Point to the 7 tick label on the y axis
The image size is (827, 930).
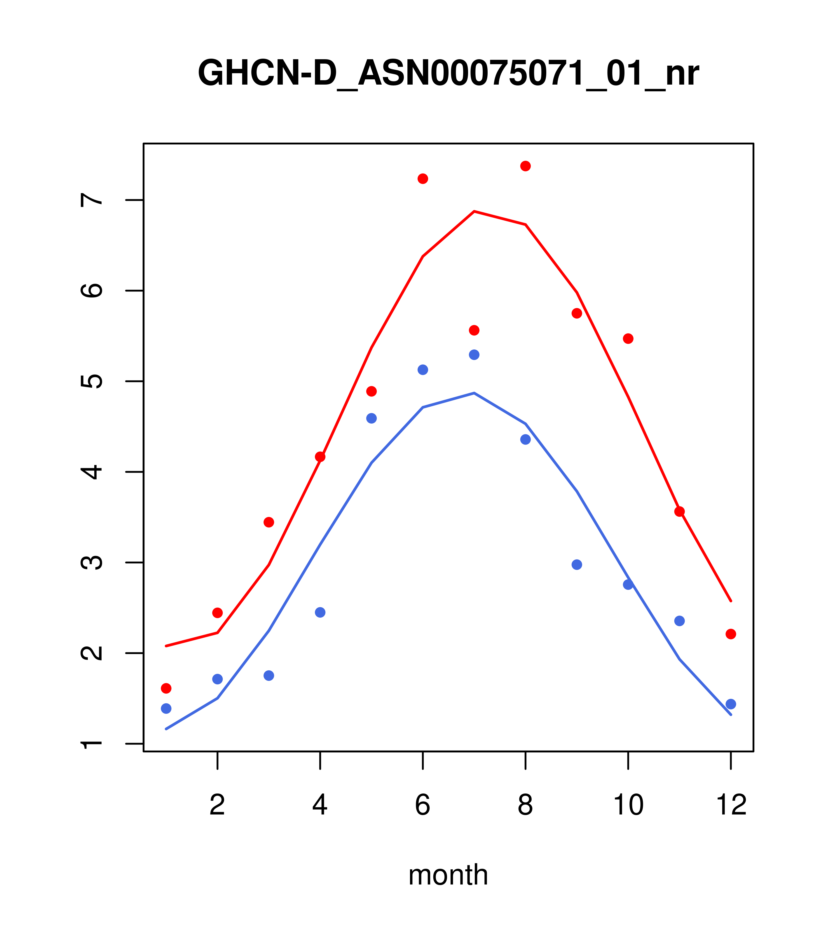pos(92,200)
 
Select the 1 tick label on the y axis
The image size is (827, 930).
pos(92,744)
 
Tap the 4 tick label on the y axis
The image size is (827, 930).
pos(92,472)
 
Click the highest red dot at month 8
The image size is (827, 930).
pos(525,166)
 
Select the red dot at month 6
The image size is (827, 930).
pos(423,179)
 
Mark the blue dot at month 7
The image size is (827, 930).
pos(474,354)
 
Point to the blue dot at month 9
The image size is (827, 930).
pos(577,565)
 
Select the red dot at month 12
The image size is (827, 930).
pos(731,634)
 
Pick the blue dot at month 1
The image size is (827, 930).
pos(166,708)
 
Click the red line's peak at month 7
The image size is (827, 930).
pos(474,211)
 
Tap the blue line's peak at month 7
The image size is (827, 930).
pos(474,393)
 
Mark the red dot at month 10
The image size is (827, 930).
pos(628,338)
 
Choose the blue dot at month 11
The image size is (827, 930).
pos(680,621)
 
